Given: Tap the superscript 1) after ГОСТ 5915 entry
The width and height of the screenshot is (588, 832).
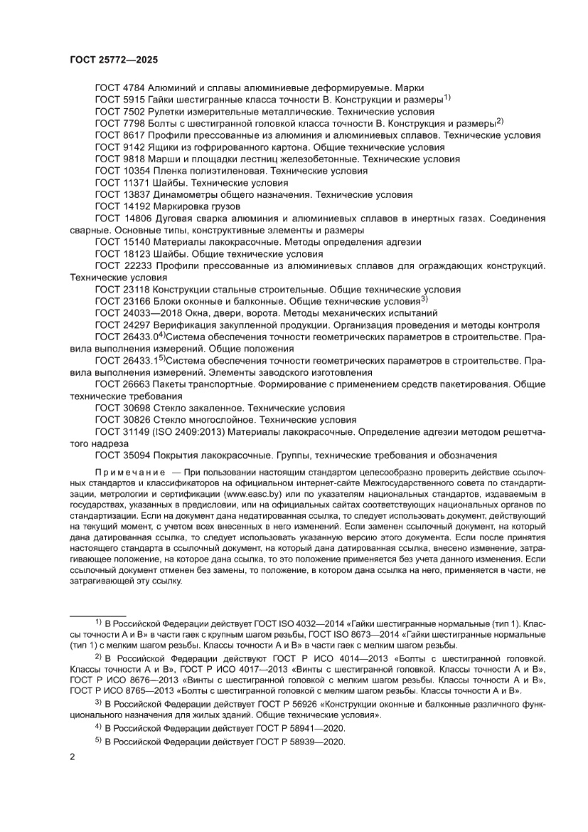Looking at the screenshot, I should point(448,97).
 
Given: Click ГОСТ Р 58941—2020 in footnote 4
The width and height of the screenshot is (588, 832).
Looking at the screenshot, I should point(300,727).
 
